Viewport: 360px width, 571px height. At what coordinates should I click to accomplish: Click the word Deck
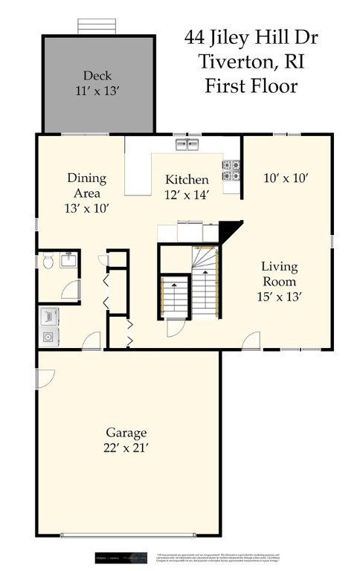coord(97,75)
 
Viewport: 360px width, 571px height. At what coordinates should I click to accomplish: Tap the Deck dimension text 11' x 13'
coord(97,91)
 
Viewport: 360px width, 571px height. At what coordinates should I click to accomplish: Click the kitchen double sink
coord(187,145)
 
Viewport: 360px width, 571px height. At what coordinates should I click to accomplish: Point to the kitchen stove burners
coord(231,170)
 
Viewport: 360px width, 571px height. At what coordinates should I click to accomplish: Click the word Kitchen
coord(186,180)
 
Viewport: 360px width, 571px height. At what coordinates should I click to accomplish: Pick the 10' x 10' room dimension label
coord(286,178)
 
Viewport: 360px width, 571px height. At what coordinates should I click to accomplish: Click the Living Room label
coord(278,274)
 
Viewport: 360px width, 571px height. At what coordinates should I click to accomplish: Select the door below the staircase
coord(176,328)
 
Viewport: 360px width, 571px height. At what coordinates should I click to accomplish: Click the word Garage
coord(126,432)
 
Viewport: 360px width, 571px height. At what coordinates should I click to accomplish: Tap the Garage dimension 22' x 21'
coord(126,448)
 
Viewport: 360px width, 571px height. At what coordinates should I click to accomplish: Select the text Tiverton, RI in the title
coord(251,61)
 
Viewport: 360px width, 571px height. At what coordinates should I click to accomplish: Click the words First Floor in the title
coord(251,86)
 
